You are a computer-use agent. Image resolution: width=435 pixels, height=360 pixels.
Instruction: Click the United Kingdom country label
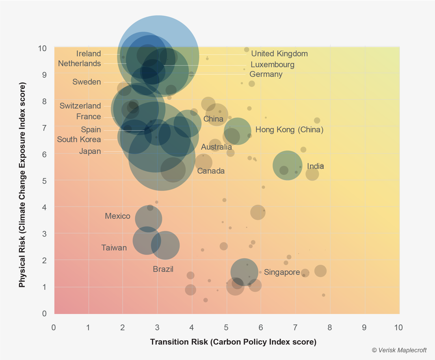point(279,54)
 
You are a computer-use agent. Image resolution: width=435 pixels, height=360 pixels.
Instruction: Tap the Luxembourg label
point(272,65)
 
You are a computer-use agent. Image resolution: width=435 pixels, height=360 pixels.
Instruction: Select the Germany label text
point(266,74)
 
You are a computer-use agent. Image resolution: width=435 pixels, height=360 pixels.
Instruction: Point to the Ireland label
point(89,54)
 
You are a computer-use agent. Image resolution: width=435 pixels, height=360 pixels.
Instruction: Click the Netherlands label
point(79,63)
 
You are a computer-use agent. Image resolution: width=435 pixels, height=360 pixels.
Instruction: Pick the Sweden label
point(87,82)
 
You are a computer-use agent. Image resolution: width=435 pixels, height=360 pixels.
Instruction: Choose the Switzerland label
point(80,106)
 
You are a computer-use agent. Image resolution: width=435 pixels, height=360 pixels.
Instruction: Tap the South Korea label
point(79,139)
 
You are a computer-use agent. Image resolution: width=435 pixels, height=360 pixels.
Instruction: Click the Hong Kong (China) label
point(289,130)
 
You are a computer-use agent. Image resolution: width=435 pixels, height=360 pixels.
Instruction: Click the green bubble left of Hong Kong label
point(238,131)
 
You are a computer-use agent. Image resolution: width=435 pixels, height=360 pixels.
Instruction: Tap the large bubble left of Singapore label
point(244,272)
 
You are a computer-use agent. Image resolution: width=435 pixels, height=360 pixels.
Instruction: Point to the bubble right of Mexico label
point(149,219)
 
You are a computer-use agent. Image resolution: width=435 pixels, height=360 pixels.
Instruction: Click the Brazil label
point(163,269)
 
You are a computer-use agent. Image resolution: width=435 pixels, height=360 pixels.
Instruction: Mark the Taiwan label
point(114,248)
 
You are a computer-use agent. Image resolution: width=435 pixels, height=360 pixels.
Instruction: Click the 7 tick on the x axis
point(296,328)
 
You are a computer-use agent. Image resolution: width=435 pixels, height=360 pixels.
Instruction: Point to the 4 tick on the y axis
point(44,207)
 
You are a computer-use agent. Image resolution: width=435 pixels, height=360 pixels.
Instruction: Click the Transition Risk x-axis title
point(233,342)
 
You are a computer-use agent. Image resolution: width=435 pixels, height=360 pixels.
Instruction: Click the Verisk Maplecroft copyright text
point(399,350)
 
